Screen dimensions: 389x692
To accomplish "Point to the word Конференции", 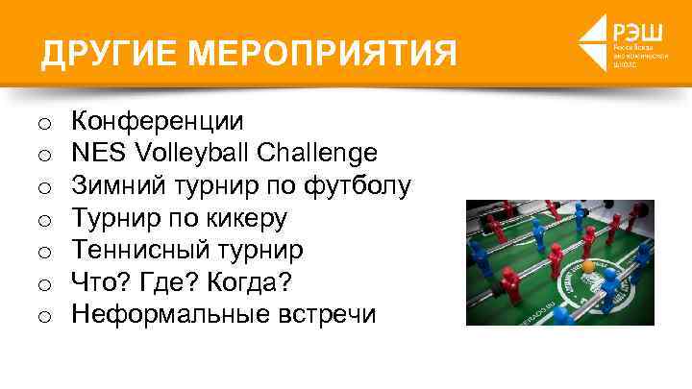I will pos(158,122).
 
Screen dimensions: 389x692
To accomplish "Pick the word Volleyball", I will pos(181,154).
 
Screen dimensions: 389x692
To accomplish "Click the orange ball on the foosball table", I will pos(588,264).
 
